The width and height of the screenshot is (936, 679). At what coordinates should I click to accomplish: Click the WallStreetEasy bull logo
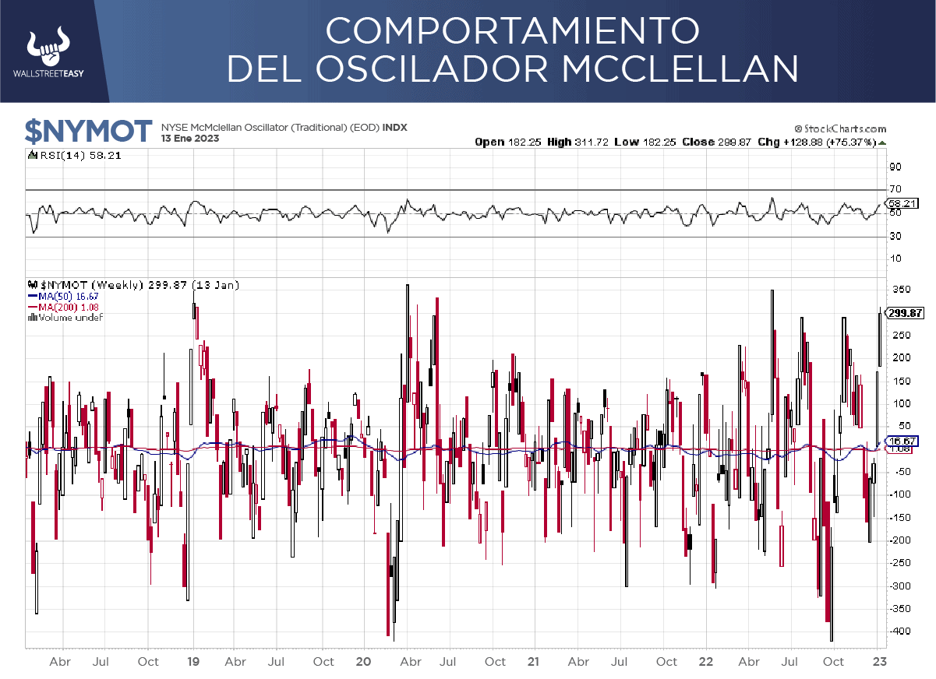pos(49,47)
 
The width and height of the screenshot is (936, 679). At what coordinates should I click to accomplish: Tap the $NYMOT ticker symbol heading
pos(87,132)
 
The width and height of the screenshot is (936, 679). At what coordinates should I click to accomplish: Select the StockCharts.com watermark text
pos(840,128)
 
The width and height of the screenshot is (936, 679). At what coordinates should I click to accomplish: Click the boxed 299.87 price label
pos(906,313)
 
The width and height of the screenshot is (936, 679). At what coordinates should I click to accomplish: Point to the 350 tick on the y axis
pos(901,290)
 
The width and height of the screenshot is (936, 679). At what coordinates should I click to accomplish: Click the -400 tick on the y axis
pos(899,632)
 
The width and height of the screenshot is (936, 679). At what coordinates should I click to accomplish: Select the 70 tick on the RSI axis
pos(895,188)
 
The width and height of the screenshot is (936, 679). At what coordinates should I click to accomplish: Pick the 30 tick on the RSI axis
pos(895,237)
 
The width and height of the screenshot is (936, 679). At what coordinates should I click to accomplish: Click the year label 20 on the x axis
pos(362,662)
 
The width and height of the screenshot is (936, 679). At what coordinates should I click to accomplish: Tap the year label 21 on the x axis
pos(533,662)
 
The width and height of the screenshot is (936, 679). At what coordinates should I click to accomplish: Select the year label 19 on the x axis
pos(194,662)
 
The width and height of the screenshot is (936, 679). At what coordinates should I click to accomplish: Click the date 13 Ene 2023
pos(190,139)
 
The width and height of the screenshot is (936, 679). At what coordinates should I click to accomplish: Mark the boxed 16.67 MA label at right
pos(906,441)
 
